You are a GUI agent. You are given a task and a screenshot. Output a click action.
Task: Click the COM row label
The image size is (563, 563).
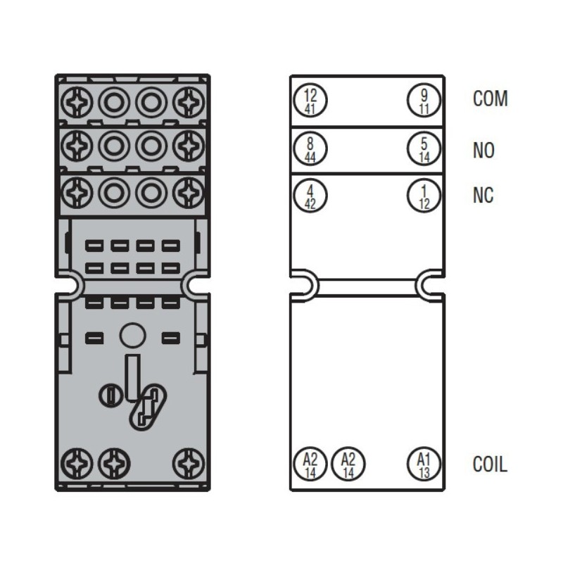click(x=490, y=99)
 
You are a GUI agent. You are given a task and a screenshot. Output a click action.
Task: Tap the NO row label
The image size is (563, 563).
click(x=483, y=151)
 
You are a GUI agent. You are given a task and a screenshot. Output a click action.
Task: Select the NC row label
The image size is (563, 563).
click(x=483, y=195)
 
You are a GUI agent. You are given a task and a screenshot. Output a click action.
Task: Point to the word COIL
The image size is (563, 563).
click(x=490, y=464)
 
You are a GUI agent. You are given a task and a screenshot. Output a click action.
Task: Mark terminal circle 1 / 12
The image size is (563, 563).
click(x=423, y=195)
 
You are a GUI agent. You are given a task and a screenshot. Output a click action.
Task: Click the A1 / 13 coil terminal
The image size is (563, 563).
click(x=423, y=464)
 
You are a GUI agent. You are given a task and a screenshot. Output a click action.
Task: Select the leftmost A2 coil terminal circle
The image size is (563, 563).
click(x=310, y=464)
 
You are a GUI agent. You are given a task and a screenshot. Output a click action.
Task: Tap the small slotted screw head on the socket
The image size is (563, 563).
click(x=110, y=396)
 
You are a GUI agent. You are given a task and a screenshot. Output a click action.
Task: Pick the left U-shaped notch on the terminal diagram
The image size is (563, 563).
click(x=305, y=284)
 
